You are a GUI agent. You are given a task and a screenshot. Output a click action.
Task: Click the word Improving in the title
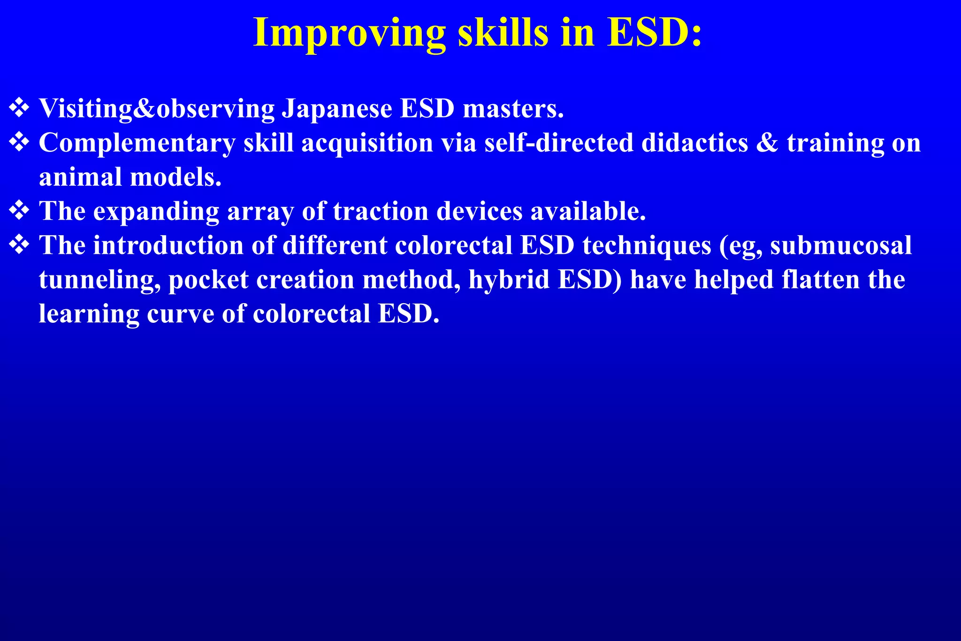coord(349,33)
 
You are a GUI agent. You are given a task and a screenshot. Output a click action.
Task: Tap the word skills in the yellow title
coord(503,33)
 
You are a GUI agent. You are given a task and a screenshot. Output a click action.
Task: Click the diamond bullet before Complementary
coord(19,142)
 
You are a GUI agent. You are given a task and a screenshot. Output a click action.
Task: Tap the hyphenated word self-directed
coord(558,143)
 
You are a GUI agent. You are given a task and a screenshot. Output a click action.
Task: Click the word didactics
coord(694,143)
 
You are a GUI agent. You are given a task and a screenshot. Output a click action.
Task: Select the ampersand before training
coord(767,143)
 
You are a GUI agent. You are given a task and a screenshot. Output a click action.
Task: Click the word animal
coord(80,177)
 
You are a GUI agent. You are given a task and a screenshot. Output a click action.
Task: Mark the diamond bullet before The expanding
coord(19,210)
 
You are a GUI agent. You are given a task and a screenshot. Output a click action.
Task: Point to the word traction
coord(381,211)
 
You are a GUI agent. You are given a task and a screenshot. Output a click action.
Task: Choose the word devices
coord(479,211)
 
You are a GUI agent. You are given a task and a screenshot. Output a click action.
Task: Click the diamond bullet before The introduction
coord(19,244)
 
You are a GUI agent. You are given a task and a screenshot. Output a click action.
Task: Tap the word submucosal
coord(841,245)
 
